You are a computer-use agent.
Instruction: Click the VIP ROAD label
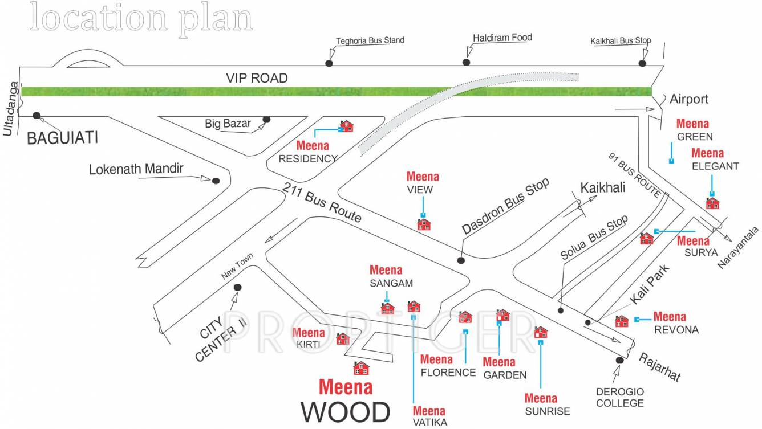click(x=257, y=78)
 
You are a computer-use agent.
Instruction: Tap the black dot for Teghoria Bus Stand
click(x=329, y=63)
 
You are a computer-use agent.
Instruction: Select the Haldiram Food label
click(x=502, y=38)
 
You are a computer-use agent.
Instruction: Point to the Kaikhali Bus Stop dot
click(x=643, y=63)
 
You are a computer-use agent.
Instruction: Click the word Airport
click(x=688, y=99)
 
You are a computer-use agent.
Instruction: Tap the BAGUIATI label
click(x=63, y=137)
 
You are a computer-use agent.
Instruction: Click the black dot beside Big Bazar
click(x=266, y=120)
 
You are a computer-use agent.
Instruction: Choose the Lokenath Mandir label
click(x=136, y=169)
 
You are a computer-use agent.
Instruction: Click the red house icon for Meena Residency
click(x=346, y=126)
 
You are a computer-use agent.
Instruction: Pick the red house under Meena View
click(x=424, y=224)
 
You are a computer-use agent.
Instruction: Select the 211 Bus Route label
click(x=322, y=201)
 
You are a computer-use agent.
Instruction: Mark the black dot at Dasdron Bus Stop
click(x=461, y=260)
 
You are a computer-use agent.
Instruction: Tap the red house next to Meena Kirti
click(x=343, y=339)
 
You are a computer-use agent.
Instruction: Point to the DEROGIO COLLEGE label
click(x=620, y=398)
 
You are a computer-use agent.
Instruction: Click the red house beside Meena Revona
click(x=622, y=321)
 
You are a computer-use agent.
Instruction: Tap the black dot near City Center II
click(x=237, y=287)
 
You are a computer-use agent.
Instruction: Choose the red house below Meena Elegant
click(x=712, y=203)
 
